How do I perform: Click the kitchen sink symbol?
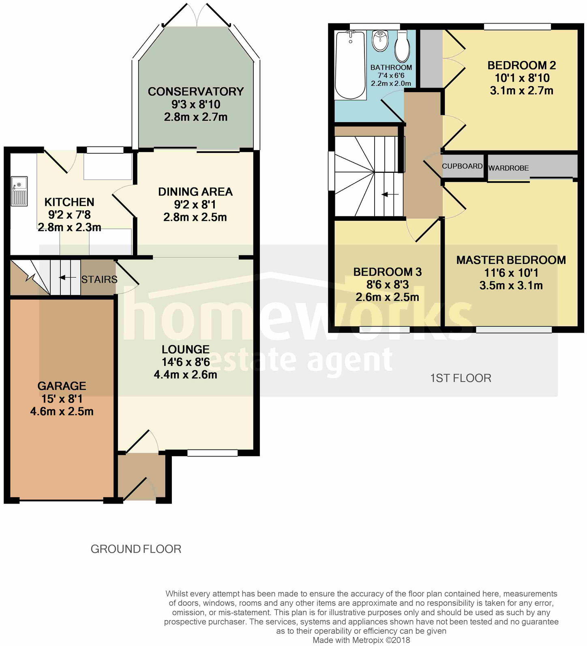(19, 191)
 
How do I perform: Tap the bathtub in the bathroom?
(351, 65)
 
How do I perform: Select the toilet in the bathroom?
(403, 47)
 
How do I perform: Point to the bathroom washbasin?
(380, 41)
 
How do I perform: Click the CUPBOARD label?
(462, 166)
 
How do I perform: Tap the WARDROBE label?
(508, 168)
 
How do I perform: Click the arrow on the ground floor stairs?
(67, 278)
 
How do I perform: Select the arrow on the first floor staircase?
(390, 195)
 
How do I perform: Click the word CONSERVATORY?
(195, 92)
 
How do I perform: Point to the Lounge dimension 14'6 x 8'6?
(186, 362)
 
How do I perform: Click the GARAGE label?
(62, 386)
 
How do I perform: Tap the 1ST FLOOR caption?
(461, 378)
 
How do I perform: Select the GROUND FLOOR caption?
(136, 549)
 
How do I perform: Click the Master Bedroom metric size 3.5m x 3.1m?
(511, 285)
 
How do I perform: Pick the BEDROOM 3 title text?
(387, 272)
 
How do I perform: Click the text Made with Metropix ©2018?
(361, 640)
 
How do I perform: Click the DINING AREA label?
(195, 192)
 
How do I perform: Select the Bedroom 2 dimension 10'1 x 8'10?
(522, 78)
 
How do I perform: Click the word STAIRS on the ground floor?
(99, 280)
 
